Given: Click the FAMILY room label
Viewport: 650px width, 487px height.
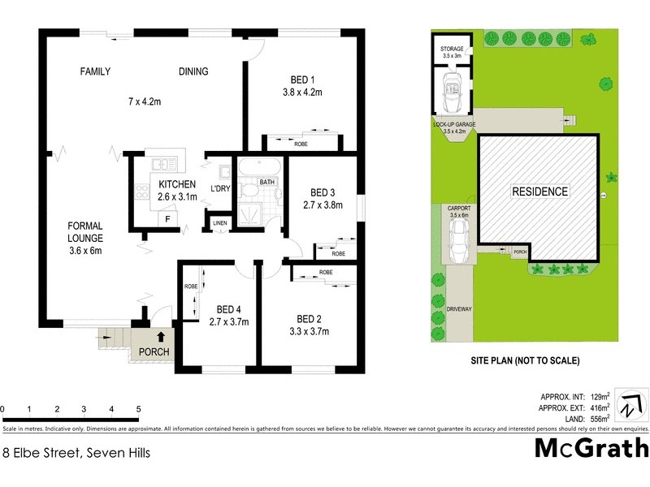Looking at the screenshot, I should (x=95, y=71).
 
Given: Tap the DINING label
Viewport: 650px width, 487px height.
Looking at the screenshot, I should (x=193, y=71).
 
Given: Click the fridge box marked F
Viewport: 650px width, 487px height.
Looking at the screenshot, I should (x=167, y=219).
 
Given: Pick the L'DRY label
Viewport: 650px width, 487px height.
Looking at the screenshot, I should (x=221, y=188).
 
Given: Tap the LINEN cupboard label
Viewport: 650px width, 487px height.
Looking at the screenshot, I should (x=219, y=222).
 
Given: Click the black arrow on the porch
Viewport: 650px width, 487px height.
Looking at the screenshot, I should (x=161, y=334).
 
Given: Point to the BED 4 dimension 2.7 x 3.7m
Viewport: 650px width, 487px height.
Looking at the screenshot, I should (x=228, y=321).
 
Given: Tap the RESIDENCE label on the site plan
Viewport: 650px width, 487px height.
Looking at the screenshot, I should (x=539, y=192).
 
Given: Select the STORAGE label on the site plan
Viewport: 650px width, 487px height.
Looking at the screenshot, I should (x=452, y=50).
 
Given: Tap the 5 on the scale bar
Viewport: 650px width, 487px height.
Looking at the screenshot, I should (x=139, y=408).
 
